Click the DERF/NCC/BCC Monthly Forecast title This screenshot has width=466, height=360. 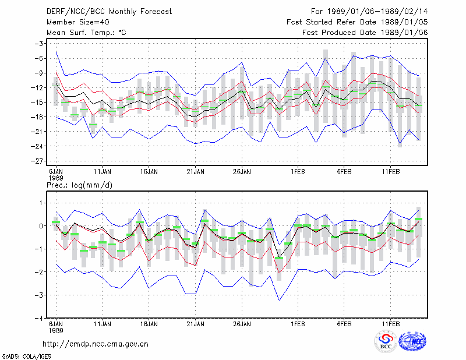109,12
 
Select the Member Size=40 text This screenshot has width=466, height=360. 78,22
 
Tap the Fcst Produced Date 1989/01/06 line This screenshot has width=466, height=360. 365,33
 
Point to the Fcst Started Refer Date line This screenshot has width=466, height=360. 357,22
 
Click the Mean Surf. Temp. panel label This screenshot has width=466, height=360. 86,33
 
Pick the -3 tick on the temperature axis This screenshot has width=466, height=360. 39,44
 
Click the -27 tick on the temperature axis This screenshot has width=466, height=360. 37,161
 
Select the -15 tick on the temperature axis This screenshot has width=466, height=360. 37,103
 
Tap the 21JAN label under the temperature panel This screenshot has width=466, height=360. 196,172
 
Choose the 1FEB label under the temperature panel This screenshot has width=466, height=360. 298,172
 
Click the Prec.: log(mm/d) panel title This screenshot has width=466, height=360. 79,185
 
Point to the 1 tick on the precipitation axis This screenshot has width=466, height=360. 41,203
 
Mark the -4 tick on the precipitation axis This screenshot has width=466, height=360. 39,318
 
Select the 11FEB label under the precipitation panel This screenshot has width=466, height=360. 391,324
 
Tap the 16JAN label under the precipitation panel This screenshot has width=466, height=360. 149,324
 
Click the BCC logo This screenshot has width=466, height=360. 386,342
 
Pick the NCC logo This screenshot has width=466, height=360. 412,341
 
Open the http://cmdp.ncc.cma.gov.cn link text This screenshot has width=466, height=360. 96,344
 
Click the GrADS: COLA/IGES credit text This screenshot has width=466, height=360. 26,357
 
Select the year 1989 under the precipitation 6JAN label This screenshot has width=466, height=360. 56,330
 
